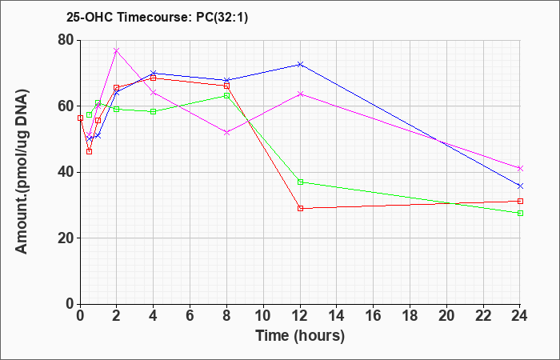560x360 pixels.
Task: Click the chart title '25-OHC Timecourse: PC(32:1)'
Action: (x=157, y=18)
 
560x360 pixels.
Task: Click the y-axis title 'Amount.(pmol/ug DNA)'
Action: (x=22, y=172)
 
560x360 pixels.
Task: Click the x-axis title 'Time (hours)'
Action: (x=300, y=336)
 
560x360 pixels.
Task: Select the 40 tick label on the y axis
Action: (x=66, y=172)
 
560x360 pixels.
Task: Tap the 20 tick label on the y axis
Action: (x=66, y=238)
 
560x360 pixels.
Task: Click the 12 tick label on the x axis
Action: (x=300, y=316)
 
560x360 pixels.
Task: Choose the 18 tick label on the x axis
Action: (x=410, y=316)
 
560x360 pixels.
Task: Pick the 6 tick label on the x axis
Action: (x=190, y=316)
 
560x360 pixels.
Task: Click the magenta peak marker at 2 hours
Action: (x=117, y=50)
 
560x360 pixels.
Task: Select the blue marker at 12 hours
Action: (x=300, y=64)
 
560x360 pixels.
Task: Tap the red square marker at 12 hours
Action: (x=300, y=208)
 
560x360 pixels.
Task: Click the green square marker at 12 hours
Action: (x=300, y=182)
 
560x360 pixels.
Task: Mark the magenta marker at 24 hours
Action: (x=520, y=168)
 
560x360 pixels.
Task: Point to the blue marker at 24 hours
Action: (x=520, y=186)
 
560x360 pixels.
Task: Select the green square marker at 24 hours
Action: (x=520, y=214)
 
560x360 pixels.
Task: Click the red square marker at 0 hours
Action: (x=80, y=118)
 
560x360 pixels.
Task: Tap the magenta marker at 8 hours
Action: (x=226, y=132)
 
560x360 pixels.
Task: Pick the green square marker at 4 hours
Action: (x=154, y=111)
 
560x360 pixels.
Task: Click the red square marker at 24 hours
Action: (x=520, y=201)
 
